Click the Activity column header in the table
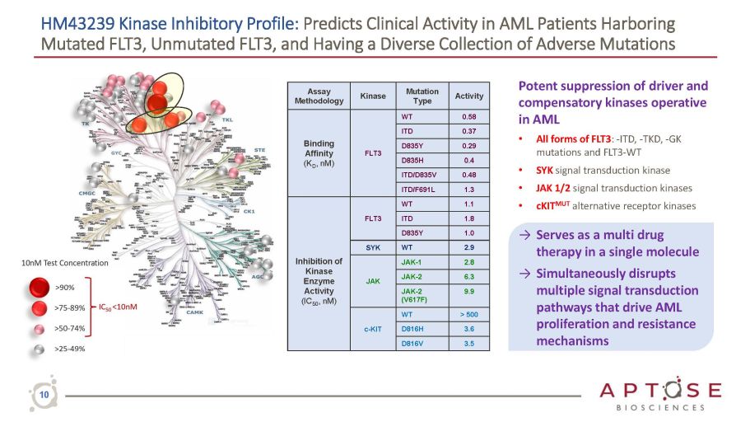point(469,96)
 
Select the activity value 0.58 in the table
point(469,117)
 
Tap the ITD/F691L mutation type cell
point(422,189)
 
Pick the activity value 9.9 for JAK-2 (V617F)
point(469,292)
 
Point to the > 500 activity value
point(469,314)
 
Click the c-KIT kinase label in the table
point(372,329)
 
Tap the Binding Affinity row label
point(318,152)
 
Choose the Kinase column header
point(372,96)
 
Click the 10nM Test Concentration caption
point(65,263)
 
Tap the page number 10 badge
point(44,396)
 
